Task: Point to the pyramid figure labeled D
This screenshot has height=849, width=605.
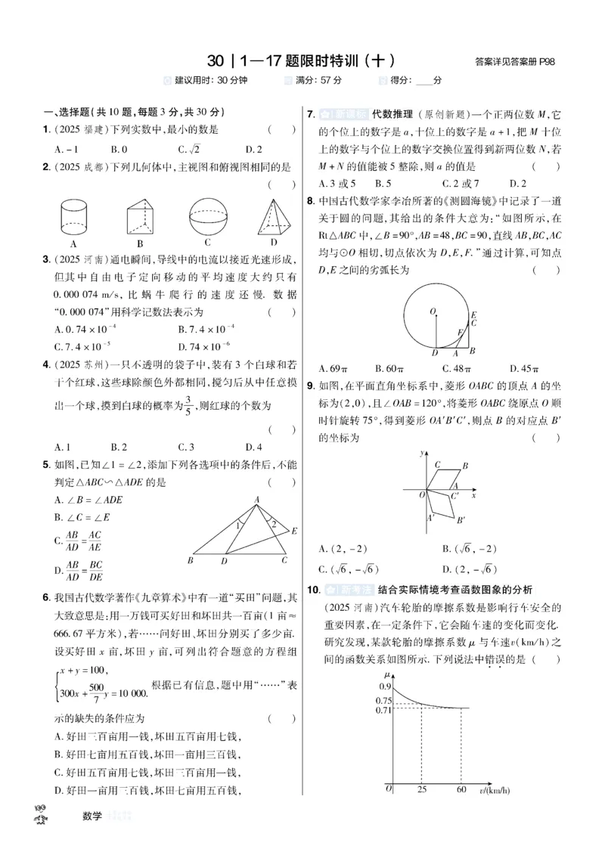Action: click(273, 215)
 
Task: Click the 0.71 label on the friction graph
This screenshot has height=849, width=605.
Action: click(384, 709)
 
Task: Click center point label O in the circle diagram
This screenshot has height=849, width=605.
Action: click(431, 310)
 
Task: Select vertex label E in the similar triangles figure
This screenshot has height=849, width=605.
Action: click(294, 531)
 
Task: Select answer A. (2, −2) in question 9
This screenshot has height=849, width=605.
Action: click(337, 548)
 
